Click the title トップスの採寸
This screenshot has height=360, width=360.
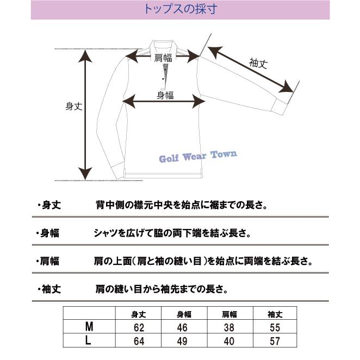click(x=179, y=9)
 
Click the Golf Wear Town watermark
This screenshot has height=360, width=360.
click(x=197, y=157)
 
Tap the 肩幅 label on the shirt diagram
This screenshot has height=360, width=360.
click(x=164, y=58)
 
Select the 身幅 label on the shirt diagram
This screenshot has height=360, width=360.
click(x=165, y=95)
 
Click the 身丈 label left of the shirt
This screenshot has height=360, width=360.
click(x=73, y=107)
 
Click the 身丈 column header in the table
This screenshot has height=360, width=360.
click(x=139, y=314)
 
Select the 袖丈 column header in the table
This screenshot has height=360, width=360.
click(x=275, y=314)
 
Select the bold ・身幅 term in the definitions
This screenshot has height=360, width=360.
click(x=48, y=233)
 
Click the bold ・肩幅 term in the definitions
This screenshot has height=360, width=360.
click(x=48, y=261)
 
